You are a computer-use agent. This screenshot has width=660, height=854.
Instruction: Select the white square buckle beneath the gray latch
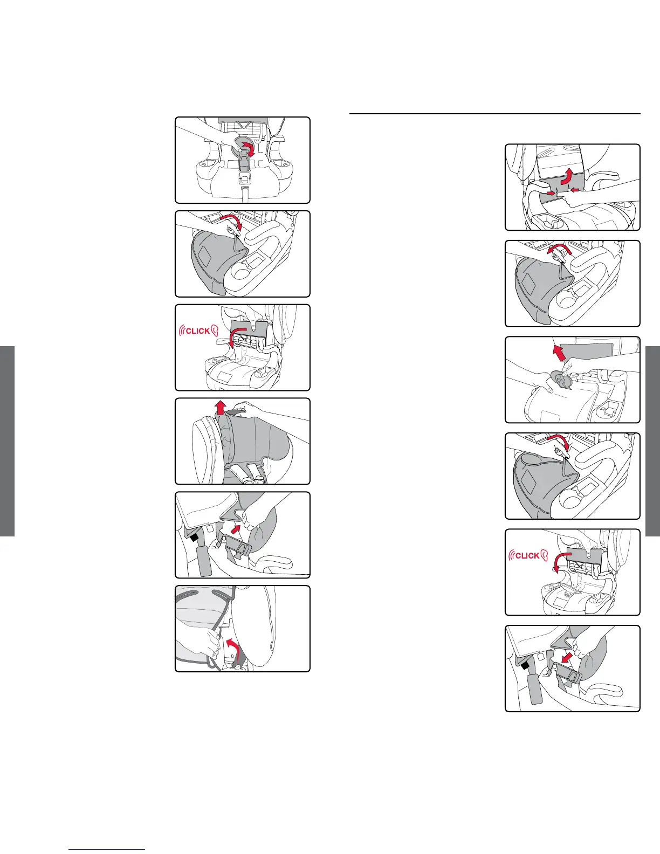point(244,179)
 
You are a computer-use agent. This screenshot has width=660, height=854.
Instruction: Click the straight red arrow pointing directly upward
point(221,408)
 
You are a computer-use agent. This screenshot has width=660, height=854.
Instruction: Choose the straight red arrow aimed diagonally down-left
point(567,657)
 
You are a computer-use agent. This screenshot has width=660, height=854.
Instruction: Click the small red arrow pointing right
point(551,193)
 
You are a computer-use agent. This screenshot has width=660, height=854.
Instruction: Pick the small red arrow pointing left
point(574,190)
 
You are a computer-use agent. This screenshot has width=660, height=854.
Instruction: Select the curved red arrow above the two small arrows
point(567,176)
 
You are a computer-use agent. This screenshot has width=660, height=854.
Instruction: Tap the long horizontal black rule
point(495,114)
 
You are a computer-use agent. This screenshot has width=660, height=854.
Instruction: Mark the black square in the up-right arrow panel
point(194,537)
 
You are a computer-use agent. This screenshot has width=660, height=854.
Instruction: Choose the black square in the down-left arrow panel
point(524,665)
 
